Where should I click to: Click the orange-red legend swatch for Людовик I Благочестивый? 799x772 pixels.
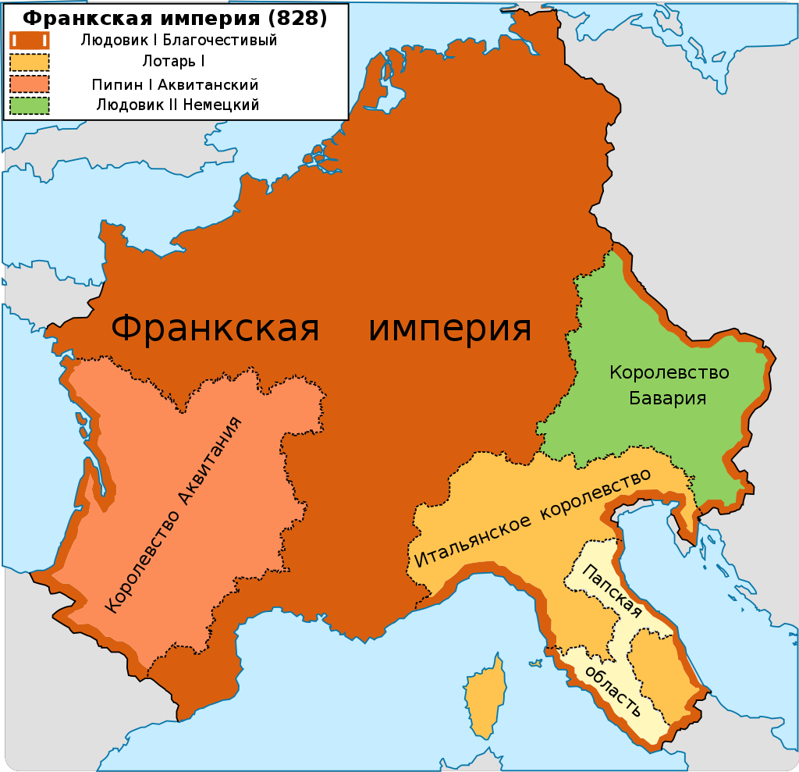(29, 41)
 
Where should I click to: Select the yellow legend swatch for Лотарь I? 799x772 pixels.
(29, 62)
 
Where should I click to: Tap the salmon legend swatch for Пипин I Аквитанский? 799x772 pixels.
(29, 84)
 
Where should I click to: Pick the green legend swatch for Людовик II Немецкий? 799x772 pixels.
(29, 105)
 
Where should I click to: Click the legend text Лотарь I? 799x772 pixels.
(174, 62)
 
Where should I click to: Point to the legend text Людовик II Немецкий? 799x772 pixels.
(177, 105)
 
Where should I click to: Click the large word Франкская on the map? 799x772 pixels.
(215, 328)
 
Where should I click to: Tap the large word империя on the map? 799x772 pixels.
(449, 328)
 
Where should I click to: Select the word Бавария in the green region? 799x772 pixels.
(669, 398)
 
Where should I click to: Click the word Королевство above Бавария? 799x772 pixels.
(669, 373)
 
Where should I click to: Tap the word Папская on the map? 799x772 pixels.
(615, 592)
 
